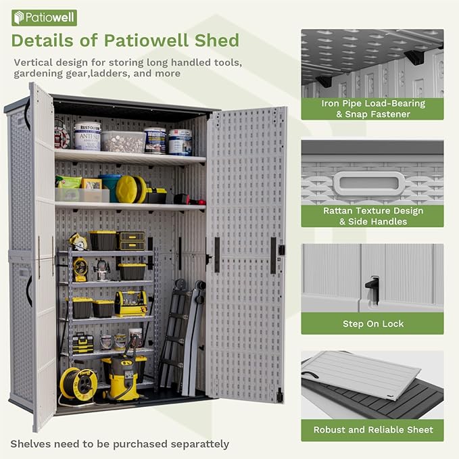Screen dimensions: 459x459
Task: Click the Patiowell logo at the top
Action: click(x=45, y=18)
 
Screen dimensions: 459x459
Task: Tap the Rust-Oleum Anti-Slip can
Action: click(x=87, y=135)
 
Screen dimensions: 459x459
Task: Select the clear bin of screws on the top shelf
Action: click(x=124, y=141)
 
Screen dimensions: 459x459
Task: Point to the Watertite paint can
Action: click(x=155, y=140)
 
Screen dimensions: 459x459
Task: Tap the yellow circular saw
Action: click(x=79, y=241)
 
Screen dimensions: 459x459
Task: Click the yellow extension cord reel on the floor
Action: click(x=78, y=383)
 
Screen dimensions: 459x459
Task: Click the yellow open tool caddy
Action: click(x=130, y=304)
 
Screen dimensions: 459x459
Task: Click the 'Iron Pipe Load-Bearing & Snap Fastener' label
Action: click(x=372, y=109)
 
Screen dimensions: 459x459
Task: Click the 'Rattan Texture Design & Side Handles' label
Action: click(x=372, y=216)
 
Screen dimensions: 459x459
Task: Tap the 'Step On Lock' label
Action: click(x=372, y=324)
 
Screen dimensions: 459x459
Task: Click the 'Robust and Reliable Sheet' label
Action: click(x=372, y=429)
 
